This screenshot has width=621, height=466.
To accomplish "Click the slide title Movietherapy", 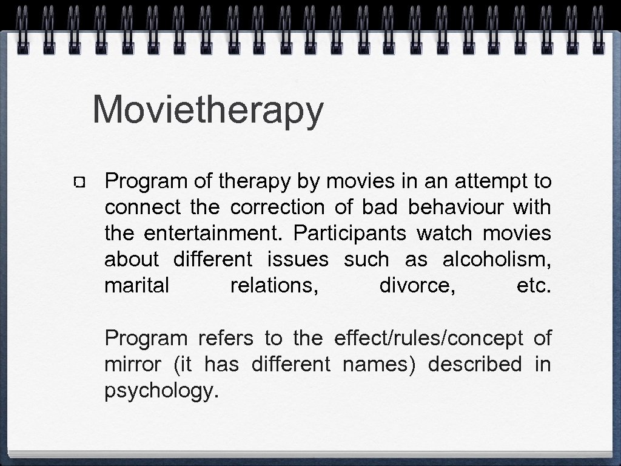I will click(208, 110).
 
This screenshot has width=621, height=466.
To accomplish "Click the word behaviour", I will click(456, 208).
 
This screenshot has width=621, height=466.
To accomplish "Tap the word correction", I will click(277, 208).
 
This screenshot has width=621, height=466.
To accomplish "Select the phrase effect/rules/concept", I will click(428, 338).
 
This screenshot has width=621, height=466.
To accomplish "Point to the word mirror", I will click(133, 364).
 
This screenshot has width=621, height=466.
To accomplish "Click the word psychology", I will click(161, 391).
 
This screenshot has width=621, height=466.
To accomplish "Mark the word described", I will click(475, 364).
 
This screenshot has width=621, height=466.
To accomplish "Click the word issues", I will click(298, 260).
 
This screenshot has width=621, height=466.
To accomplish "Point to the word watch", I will click(443, 234).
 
